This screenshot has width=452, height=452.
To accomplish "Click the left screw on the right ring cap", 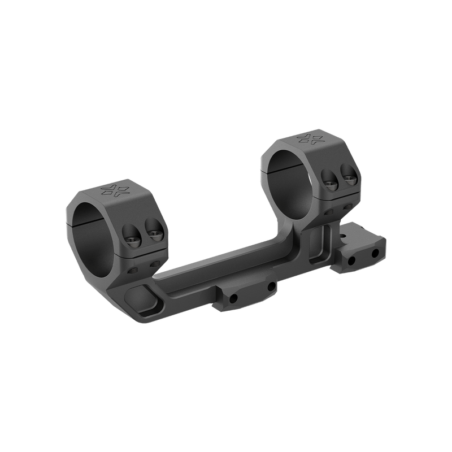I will click(x=329, y=180).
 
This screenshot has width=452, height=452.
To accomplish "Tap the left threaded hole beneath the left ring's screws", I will click(x=133, y=270).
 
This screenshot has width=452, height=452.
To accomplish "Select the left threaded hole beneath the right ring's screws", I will click(x=329, y=214).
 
